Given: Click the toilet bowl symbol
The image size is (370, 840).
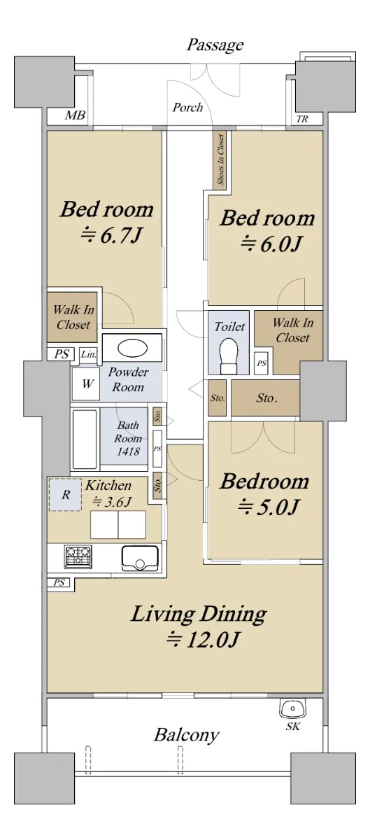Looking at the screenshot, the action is [x=229, y=356].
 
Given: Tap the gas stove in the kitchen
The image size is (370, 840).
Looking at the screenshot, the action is [x=78, y=555].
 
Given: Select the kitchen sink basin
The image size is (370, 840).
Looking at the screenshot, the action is [x=140, y=558].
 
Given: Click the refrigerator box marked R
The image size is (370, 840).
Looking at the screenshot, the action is [x=65, y=494].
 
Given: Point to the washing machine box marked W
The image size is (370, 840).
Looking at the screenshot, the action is [x=86, y=384].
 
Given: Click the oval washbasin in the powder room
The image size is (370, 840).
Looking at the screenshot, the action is [x=132, y=349].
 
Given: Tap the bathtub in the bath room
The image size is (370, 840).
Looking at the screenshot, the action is [x=85, y=438].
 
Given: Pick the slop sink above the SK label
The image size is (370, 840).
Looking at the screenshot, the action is [x=293, y=708].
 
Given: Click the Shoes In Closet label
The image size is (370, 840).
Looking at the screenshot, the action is [x=221, y=159].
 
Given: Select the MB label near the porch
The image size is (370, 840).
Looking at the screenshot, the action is [x=75, y=115].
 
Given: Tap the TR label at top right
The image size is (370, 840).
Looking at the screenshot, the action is [x=302, y=119].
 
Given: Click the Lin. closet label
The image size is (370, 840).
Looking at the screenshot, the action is [x=88, y=354].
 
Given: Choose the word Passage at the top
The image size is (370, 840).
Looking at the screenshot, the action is [x=215, y=45].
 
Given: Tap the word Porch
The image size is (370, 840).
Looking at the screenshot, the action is [x=187, y=107].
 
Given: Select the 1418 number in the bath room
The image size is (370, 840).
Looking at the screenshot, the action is [x=128, y=451].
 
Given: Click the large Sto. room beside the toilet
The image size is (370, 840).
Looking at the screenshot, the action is [x=265, y=398].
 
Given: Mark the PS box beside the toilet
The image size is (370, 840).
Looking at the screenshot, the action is [x=262, y=363].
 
